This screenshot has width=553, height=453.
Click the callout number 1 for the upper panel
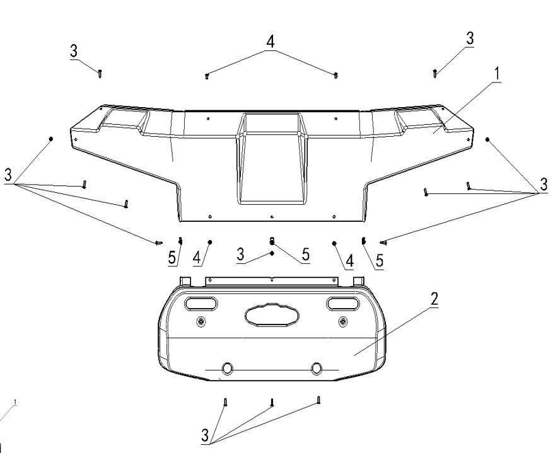click(x=497, y=74)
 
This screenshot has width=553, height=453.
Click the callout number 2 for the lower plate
click(x=434, y=299)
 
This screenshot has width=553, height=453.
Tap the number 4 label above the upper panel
click(x=270, y=42)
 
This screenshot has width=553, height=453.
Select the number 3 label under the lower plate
click(x=205, y=435)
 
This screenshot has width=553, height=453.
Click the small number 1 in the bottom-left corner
click(x=15, y=402)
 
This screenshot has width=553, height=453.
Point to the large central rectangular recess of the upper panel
click(x=272, y=158)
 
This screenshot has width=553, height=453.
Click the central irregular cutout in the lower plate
click(x=272, y=315)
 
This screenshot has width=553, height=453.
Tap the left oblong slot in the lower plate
click(x=201, y=304)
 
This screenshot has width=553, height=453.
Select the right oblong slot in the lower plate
click(x=343, y=304)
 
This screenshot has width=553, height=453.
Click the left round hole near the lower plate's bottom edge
click(x=227, y=369)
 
